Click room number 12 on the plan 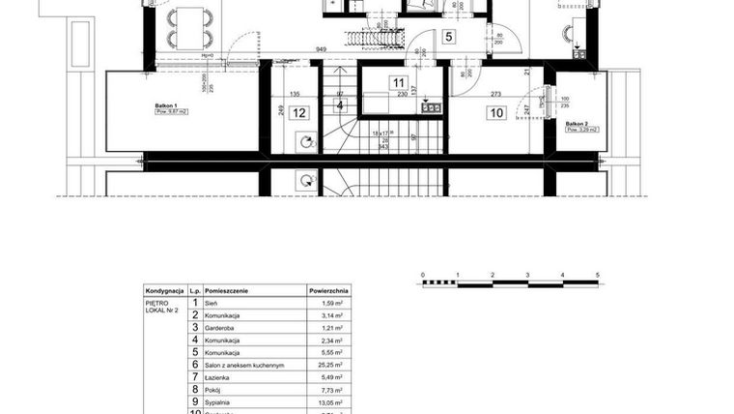coord(299,113)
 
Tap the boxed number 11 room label coord(398,82)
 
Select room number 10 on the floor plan coord(496,113)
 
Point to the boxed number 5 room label coord(449,37)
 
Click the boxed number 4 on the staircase coord(340,105)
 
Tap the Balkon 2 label coord(577,124)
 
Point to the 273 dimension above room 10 coord(496,95)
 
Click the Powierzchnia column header coord(328,289)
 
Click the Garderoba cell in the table coord(221,328)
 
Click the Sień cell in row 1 coord(212,303)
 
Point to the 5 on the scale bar coord(598,276)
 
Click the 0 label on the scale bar coord(423,276)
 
